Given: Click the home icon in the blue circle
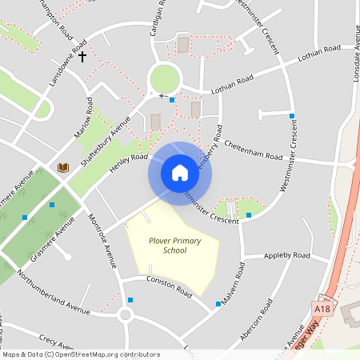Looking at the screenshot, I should tap(180, 172).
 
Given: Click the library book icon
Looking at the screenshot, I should tap(62, 167).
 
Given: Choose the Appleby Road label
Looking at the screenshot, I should tap(287, 255).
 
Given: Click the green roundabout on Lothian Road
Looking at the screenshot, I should tap(163, 78).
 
